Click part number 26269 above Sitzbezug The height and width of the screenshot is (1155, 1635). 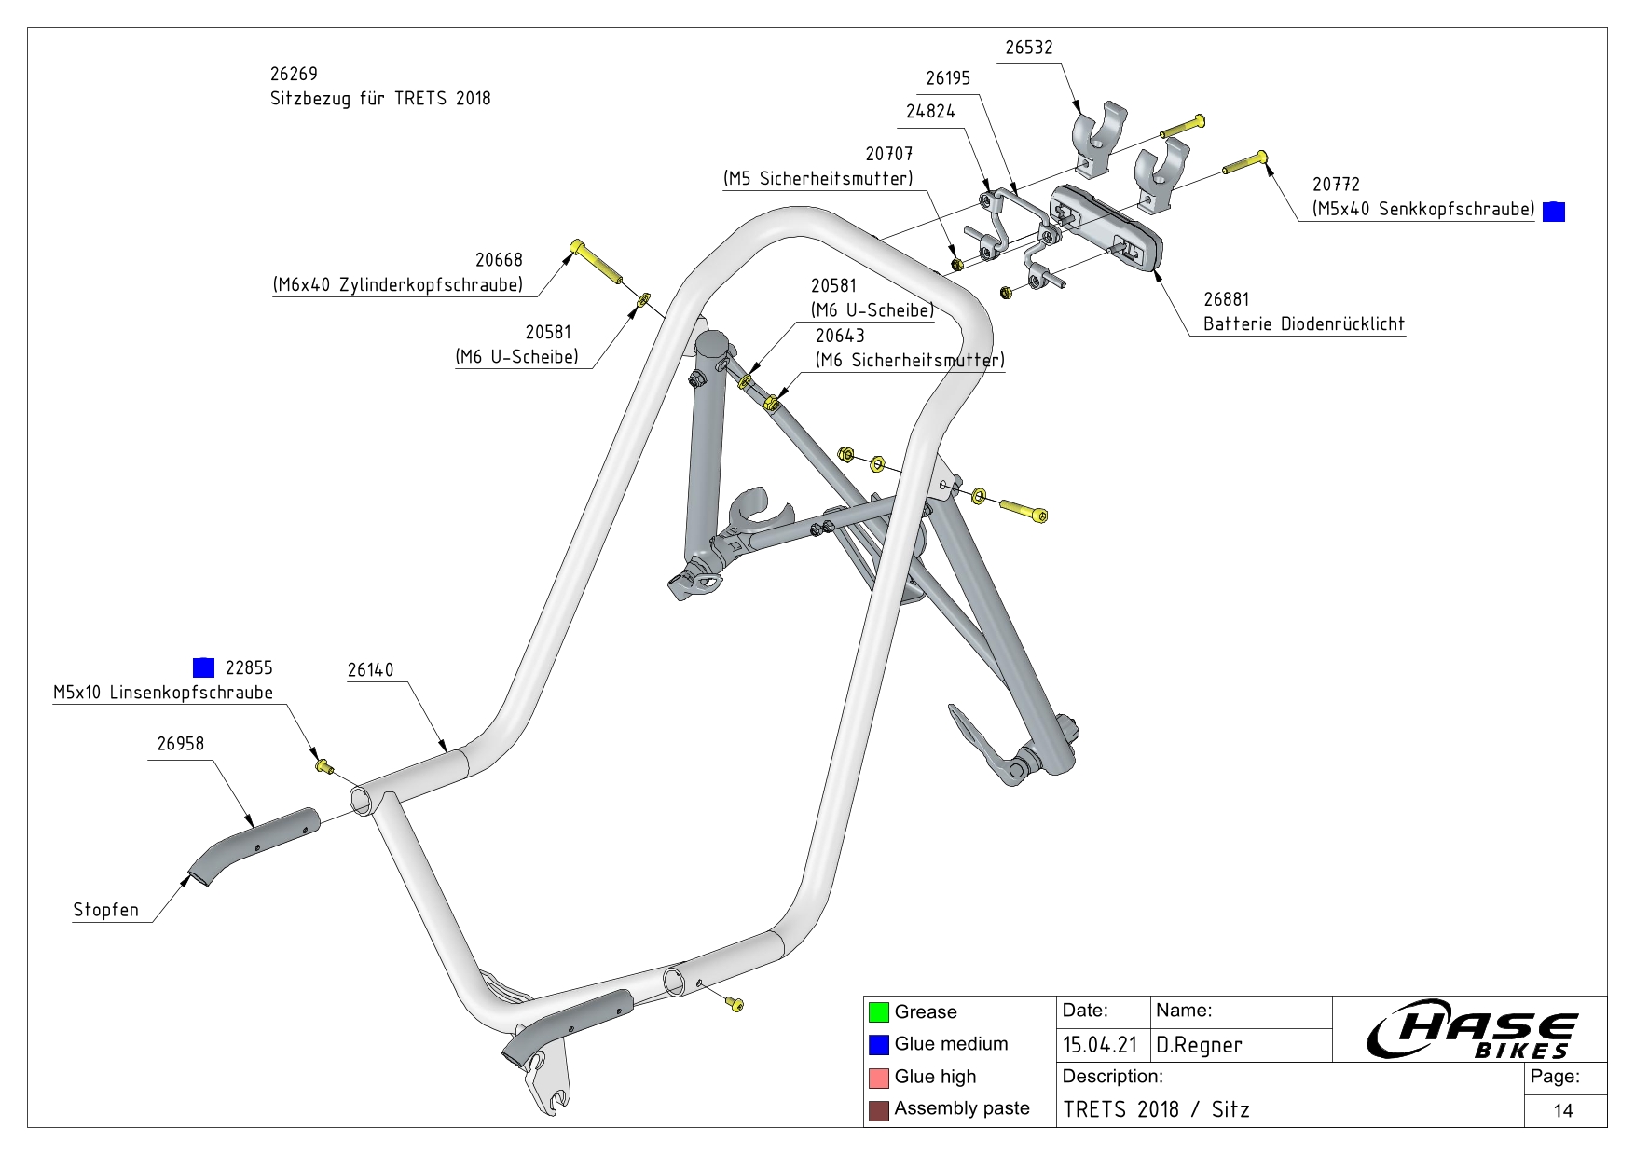(x=294, y=74)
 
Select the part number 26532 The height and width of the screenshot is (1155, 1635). (x=1028, y=48)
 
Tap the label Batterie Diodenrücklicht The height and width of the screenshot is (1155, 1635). (x=1303, y=324)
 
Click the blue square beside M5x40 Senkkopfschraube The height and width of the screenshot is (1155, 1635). (x=1554, y=212)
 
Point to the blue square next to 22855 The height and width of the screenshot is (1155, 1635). (x=203, y=667)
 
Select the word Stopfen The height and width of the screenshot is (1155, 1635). (x=105, y=910)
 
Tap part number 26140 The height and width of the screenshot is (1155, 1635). (x=370, y=670)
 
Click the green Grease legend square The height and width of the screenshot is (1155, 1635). (x=879, y=1012)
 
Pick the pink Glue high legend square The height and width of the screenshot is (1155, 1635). (x=879, y=1078)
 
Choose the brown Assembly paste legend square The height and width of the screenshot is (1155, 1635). (x=879, y=1109)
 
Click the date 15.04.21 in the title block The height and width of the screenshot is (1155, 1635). (x=1100, y=1045)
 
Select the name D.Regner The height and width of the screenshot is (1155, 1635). (x=1199, y=1045)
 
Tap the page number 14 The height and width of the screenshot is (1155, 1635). (x=1563, y=1110)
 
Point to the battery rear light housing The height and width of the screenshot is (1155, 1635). (x=1106, y=227)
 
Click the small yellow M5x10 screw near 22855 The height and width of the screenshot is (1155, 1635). (x=323, y=766)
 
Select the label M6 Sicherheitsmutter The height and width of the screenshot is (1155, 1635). (x=910, y=361)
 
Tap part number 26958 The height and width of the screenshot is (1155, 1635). (x=180, y=744)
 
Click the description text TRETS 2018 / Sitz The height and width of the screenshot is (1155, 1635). (x=1156, y=1109)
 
